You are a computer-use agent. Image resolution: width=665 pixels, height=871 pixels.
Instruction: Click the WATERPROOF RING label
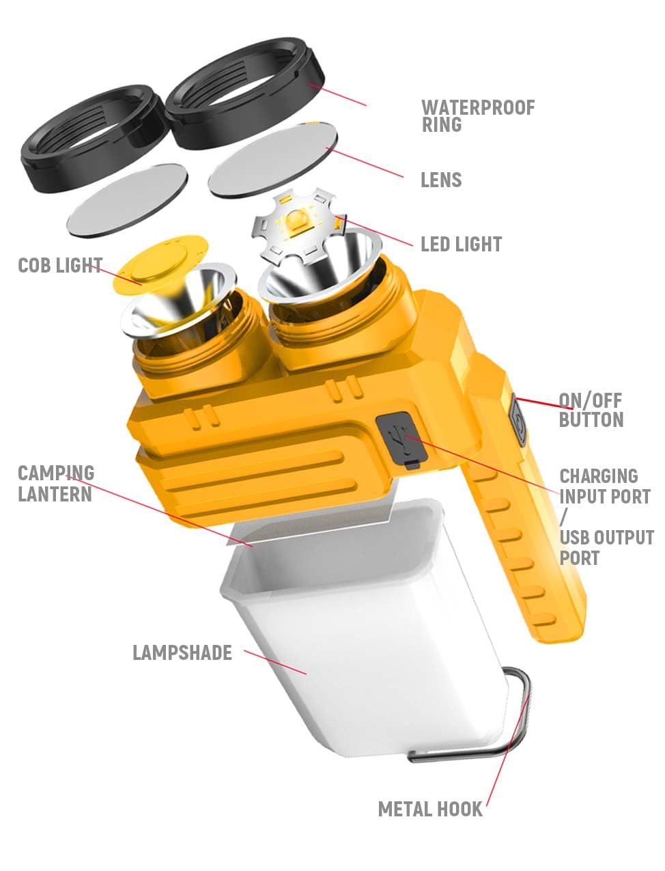coord(477,116)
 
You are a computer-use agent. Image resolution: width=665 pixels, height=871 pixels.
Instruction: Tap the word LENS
coord(441,180)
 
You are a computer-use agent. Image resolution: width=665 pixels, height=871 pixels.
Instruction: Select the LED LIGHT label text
coord(461,245)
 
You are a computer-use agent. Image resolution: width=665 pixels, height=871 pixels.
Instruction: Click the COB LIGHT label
coord(60,265)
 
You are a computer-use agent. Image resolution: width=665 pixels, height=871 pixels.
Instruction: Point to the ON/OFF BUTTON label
coord(591,410)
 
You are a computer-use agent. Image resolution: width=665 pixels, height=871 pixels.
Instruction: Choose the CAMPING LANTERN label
coord(55,483)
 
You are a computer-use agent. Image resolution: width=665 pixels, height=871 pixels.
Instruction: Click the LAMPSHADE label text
coord(182,652)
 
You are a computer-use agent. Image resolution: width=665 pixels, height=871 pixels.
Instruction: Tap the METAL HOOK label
coord(430,810)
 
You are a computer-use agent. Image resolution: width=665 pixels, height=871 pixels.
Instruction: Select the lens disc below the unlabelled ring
coord(128,198)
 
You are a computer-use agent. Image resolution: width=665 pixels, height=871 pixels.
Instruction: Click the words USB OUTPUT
coord(606,538)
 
